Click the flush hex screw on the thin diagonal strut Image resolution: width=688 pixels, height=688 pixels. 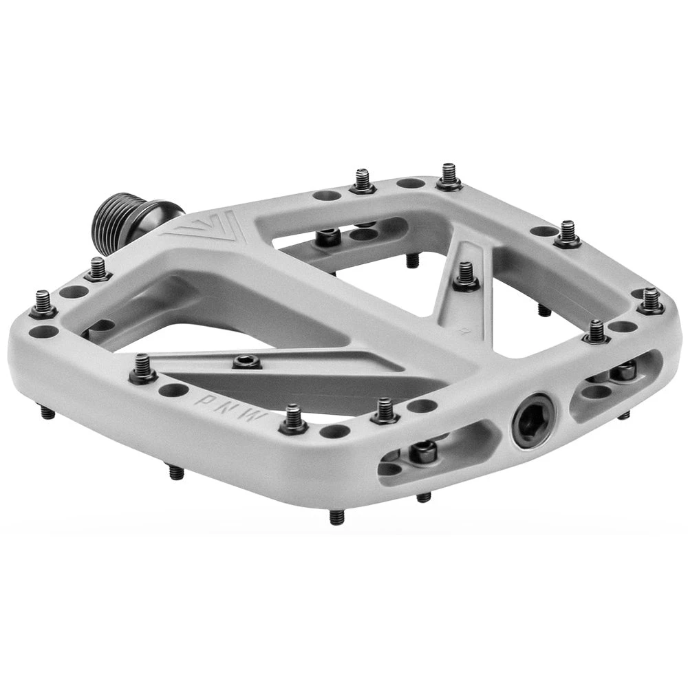246,362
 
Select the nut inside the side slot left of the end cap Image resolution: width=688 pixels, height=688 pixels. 423,449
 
